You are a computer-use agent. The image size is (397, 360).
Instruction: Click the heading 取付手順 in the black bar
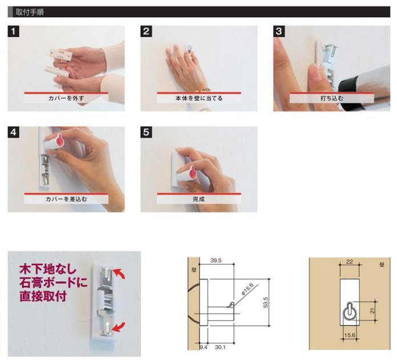[x=30, y=12]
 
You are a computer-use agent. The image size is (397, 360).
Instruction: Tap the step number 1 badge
[x=14, y=31]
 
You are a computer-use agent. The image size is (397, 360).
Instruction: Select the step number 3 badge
[x=279, y=31]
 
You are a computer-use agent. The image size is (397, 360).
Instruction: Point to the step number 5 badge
[x=147, y=132]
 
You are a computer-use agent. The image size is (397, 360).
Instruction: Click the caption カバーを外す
[x=66, y=98]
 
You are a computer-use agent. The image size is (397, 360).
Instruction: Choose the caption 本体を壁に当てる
[x=199, y=98]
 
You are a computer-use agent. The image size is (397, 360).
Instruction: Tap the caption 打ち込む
[x=331, y=98]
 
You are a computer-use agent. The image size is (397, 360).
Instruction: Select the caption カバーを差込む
[x=66, y=199]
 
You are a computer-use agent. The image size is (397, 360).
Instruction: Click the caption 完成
[x=198, y=199]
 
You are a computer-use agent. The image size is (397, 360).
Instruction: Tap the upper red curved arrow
[x=119, y=274]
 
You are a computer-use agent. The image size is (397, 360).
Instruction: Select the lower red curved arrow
[x=119, y=327]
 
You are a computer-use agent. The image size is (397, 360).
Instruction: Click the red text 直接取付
[x=43, y=296]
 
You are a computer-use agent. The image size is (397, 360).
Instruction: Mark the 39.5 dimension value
[x=216, y=261]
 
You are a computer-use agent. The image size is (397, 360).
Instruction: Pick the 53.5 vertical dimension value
[x=266, y=302]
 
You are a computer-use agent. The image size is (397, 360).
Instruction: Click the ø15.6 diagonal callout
[x=248, y=289]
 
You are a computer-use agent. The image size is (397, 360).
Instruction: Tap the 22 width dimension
[x=350, y=262]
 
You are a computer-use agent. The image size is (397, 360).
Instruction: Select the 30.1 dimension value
[x=220, y=347]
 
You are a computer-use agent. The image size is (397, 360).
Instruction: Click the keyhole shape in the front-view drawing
[x=350, y=312]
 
